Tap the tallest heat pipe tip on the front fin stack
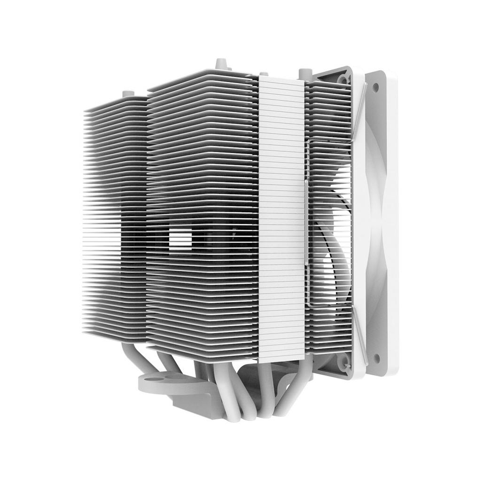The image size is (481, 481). tap(220, 63)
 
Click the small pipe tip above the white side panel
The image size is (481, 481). tap(264, 73)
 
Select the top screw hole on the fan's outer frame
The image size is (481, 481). tap(376, 87)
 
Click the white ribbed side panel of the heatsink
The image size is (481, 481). tap(281, 216)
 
